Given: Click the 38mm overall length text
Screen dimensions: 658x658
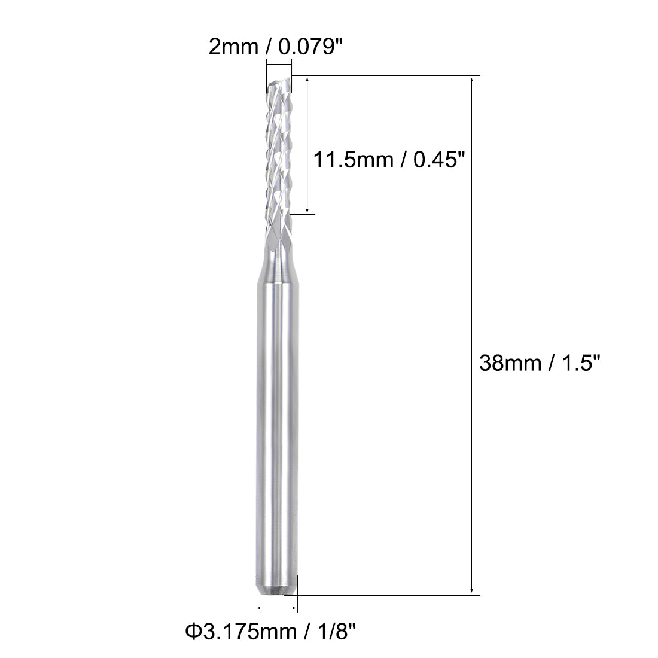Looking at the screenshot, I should point(510,363).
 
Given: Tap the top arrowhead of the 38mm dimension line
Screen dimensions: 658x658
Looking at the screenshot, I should point(472,81).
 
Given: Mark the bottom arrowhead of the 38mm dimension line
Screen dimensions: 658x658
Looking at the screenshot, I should point(472,591).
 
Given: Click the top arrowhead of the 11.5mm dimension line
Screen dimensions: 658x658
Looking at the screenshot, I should point(307,81).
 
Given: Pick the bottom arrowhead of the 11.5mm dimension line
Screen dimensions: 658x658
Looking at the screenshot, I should point(307,209).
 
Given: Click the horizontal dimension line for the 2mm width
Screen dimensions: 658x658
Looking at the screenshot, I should point(279,65).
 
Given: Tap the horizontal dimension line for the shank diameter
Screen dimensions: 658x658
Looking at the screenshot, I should point(276,609).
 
